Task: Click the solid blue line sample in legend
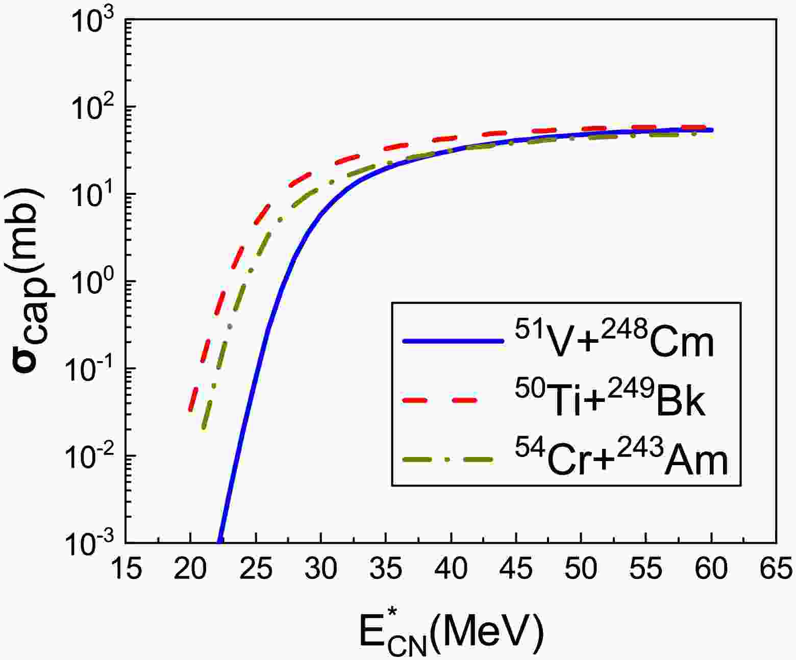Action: (x=450, y=342)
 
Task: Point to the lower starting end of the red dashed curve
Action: (x=190, y=409)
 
